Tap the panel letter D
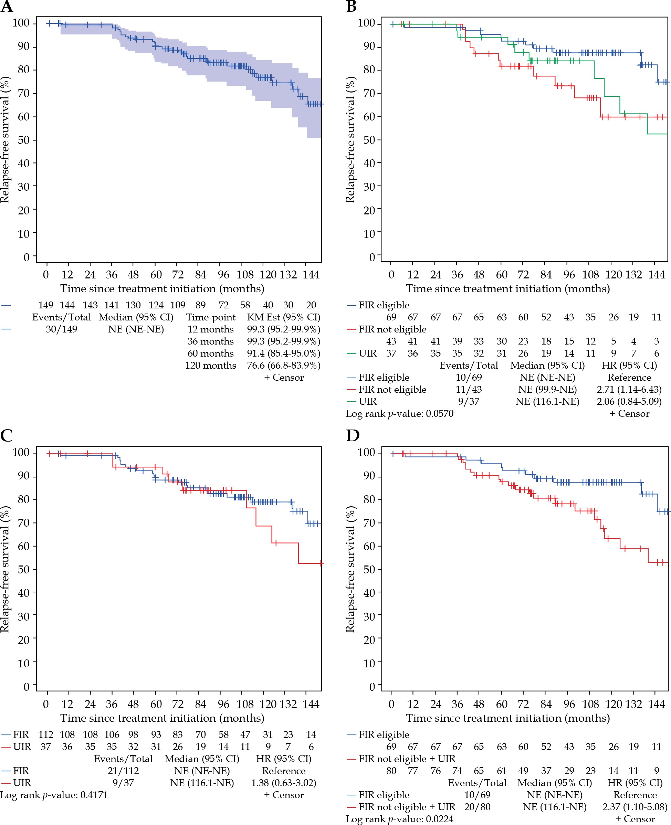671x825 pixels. tap(353, 435)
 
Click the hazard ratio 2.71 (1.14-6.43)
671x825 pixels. tap(629, 390)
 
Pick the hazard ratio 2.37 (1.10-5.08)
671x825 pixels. tap(635, 807)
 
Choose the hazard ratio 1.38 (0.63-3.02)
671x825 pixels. tap(283, 783)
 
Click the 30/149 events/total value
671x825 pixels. tap(62, 329)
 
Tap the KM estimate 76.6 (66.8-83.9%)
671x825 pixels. tap(283, 366)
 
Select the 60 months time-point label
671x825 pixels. tap(210, 353)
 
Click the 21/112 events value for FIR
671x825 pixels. tap(123, 771)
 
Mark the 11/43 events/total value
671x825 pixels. tap(469, 390)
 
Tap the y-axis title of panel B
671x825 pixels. tap(350, 139)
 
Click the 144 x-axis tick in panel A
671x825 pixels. tap(311, 275)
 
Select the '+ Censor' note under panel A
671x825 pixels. tap(284, 378)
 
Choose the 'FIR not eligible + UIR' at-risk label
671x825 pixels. tap(407, 759)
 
